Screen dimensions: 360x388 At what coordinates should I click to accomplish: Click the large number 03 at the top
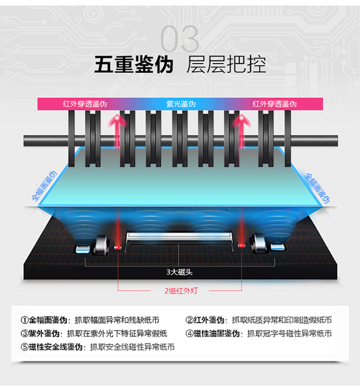coord(180,39)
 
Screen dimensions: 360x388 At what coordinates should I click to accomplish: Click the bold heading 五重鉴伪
coord(134,65)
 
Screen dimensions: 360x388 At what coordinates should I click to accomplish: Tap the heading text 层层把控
coord(226,65)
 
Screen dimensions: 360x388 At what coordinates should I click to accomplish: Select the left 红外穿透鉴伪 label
coord(85,104)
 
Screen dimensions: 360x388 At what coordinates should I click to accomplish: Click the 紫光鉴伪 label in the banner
coord(180,104)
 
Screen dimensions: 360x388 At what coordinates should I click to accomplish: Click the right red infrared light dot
coord(240,246)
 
